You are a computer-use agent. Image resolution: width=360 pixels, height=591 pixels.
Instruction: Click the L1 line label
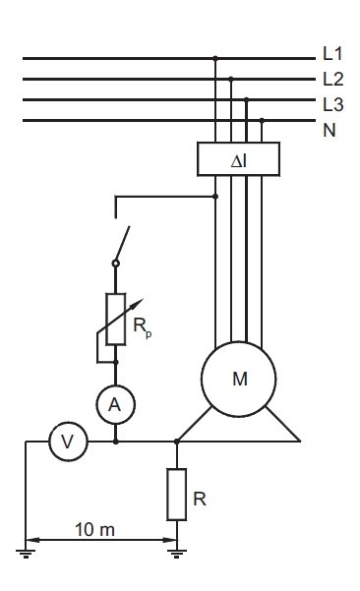(332, 53)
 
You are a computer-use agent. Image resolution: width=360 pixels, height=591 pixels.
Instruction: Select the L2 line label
(333, 79)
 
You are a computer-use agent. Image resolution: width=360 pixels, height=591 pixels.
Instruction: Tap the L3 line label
(333, 104)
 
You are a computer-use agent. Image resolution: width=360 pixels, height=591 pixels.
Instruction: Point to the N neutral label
(330, 130)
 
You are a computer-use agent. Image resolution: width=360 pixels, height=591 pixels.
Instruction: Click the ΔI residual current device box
(238, 159)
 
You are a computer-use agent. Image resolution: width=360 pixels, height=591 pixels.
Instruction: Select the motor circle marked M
(239, 379)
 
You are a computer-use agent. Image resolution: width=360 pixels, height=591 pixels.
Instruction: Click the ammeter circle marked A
(115, 404)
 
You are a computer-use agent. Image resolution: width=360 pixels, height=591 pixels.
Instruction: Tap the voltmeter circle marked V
(68, 442)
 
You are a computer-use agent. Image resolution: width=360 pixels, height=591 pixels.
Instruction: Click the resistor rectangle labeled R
(176, 495)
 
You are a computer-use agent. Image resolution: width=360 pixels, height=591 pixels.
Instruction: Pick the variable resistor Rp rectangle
(115, 320)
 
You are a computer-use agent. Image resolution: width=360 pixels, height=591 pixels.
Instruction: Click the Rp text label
(142, 326)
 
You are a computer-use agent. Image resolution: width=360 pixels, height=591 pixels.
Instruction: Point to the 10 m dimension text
(95, 530)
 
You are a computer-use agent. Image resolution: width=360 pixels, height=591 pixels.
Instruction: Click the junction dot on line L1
(215, 58)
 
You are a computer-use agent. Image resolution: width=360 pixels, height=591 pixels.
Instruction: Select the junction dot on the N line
(262, 120)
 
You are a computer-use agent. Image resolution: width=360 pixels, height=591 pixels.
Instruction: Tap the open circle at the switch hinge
(116, 264)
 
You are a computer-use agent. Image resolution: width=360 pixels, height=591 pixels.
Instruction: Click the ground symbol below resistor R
(176, 554)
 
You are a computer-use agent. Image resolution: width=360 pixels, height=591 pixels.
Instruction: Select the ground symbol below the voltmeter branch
(26, 554)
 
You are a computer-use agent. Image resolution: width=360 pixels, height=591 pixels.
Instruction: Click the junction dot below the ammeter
(116, 442)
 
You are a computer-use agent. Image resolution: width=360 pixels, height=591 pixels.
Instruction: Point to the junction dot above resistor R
(176, 442)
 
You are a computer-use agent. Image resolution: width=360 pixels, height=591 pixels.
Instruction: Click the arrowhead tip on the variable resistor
(144, 299)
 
